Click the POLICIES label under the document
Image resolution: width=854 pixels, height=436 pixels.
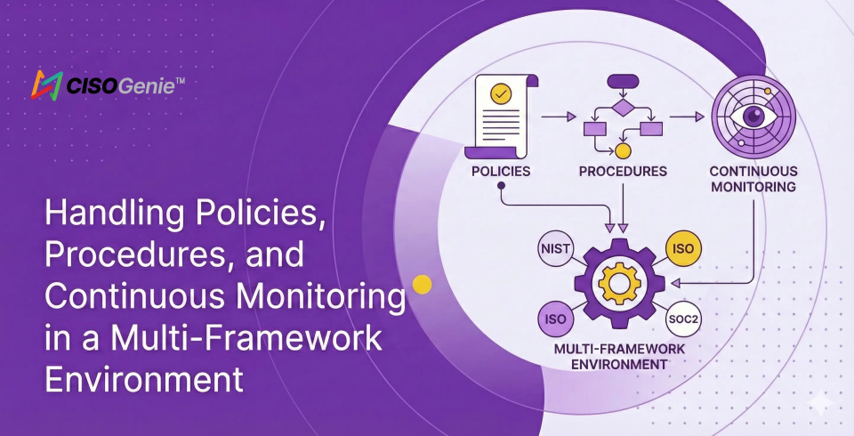point(502,170)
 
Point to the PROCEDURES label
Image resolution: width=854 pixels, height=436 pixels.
point(623,170)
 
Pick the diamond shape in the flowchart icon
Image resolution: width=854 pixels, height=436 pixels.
point(623,108)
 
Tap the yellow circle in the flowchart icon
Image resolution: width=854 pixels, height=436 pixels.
point(623,138)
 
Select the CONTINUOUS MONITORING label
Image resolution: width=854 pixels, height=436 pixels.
point(753,179)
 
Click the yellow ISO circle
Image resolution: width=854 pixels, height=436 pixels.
point(684,249)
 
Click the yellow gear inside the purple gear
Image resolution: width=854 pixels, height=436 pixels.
point(619,283)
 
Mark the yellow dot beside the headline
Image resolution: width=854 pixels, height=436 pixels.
point(423,285)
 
